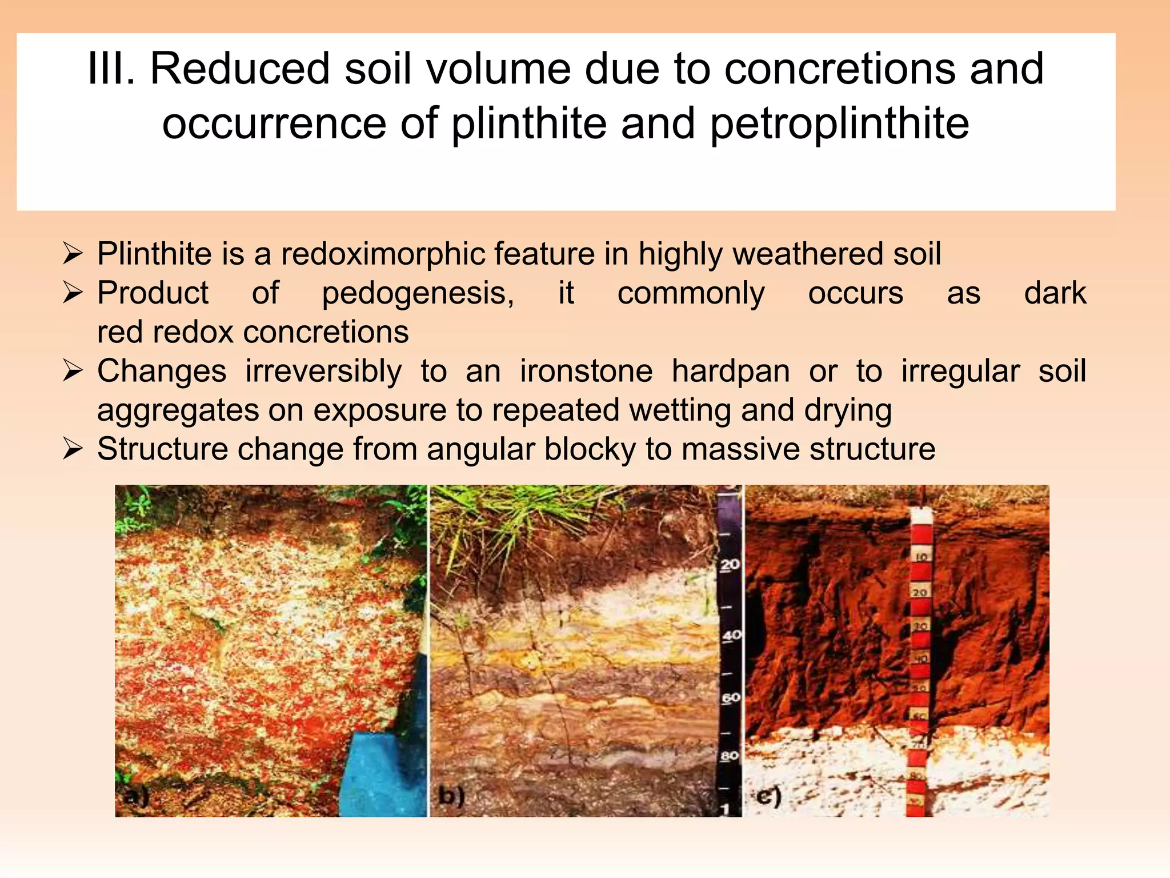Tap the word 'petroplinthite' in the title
click(839, 124)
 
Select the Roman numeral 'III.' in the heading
click(111, 69)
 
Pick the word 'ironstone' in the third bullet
click(586, 372)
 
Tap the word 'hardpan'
click(731, 372)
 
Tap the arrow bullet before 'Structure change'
click(74, 449)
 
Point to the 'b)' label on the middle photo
click(451, 796)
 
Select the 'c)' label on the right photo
click(768, 796)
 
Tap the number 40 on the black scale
click(731, 635)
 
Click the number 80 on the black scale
click(730, 756)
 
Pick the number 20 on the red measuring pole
click(920, 592)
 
